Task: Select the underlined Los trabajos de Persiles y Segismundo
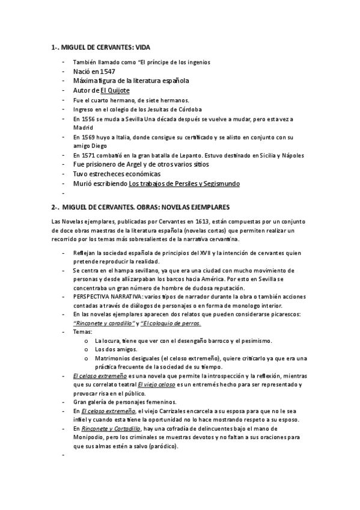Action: click(184, 183)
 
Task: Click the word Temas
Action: click(82, 331)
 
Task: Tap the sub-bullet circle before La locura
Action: click(87, 340)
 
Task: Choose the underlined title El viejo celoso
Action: click(156, 384)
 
